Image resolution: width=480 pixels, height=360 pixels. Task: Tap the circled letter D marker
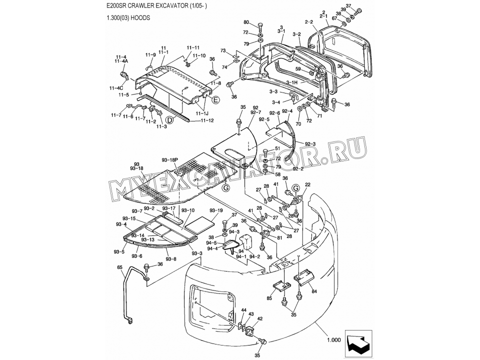(169, 119)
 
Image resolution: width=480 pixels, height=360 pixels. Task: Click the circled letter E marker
(216, 100)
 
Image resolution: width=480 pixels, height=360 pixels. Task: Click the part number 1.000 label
(334, 339)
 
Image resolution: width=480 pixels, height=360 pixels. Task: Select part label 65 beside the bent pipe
(120, 268)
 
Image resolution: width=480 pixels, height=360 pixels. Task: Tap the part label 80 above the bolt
(246, 23)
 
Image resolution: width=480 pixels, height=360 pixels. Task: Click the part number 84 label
(314, 290)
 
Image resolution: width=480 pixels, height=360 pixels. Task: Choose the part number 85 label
(269, 299)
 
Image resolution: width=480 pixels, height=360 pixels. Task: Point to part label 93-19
(216, 210)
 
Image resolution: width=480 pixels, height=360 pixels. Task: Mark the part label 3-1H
(292, 82)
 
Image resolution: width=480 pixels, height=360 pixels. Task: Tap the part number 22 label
(307, 184)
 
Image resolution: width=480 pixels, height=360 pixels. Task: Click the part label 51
(278, 149)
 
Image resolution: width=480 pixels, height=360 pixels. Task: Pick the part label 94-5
(212, 242)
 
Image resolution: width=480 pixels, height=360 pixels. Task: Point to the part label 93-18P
(169, 159)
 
